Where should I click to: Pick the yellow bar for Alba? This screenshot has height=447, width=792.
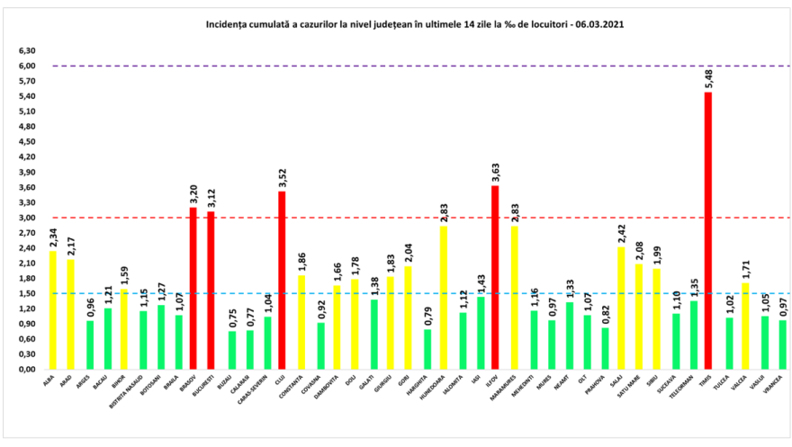[53, 309]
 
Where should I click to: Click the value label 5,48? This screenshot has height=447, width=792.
[708, 79]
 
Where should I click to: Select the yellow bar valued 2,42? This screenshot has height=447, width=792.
[620, 308]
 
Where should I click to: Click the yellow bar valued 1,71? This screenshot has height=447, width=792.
[744, 326]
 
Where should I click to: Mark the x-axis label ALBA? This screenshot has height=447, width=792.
[49, 381]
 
